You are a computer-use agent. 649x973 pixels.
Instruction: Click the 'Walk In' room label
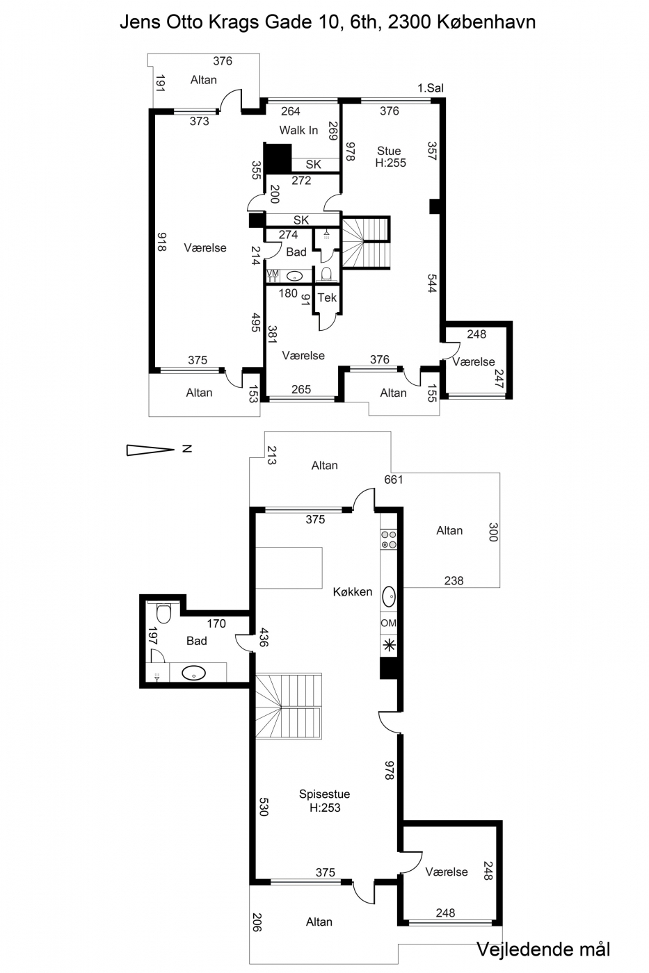[x=298, y=130]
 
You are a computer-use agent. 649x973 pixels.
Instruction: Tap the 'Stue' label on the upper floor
[x=389, y=151]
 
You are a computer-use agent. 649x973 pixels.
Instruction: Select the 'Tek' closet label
[x=327, y=297]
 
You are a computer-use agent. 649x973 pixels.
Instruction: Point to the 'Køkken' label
[x=353, y=591]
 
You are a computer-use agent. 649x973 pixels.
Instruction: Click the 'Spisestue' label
[x=324, y=794]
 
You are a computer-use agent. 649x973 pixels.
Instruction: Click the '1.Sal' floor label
[x=431, y=88]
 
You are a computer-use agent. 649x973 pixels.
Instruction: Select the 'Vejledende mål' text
[x=543, y=949]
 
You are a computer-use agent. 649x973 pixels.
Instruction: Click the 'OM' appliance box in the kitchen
[x=389, y=623]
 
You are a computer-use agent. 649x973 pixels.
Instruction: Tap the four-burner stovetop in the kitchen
[x=389, y=539]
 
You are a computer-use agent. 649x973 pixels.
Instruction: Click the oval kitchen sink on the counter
[x=389, y=597]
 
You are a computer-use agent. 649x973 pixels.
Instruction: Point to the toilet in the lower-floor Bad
[x=164, y=612]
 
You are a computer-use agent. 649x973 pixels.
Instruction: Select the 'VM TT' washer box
[x=273, y=276]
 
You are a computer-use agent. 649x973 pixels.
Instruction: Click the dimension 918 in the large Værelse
[x=161, y=242]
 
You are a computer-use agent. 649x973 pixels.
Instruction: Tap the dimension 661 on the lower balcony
[x=394, y=480]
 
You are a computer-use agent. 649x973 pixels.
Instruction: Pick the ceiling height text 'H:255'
[x=391, y=163]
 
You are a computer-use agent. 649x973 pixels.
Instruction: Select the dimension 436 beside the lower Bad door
[x=264, y=637]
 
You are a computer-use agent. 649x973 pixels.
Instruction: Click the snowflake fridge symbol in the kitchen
[x=389, y=646]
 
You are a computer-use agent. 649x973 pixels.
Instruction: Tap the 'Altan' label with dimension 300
[x=449, y=530]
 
